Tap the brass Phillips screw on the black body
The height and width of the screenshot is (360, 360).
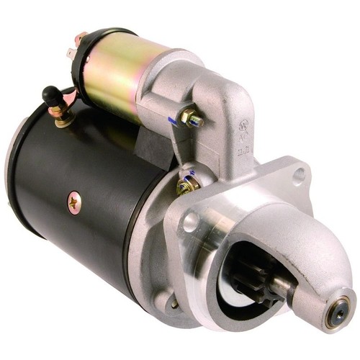coord(73,202)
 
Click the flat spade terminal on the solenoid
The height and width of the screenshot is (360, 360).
coord(69,52)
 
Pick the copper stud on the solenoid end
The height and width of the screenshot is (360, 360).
coord(81,35)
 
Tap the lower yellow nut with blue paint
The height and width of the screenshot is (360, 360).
coord(188,185)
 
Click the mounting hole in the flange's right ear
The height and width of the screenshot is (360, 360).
coord(299,174)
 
